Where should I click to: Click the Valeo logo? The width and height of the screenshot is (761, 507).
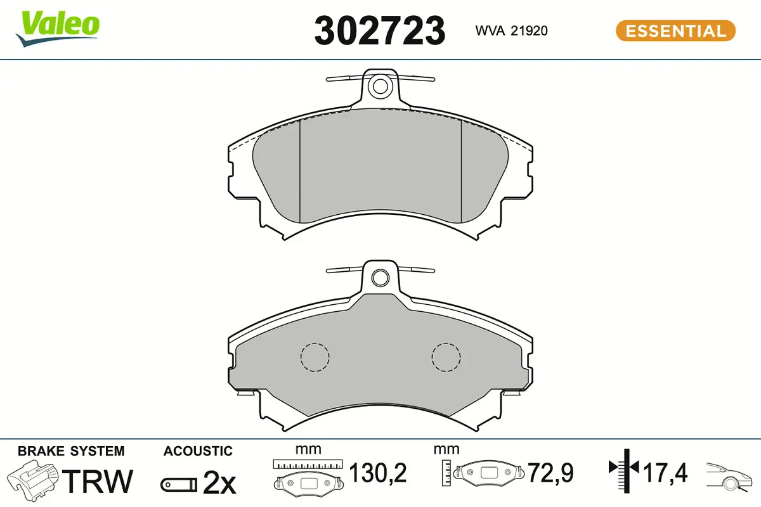coord(58,29)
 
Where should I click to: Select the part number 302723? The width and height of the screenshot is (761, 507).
coord(379,31)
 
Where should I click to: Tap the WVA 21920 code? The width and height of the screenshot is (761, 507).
coord(512,31)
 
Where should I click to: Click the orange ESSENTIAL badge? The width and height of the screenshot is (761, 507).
coord(676,31)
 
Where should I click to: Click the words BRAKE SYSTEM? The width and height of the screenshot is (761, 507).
coord(71,451)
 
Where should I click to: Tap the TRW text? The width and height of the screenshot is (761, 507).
coord(98,481)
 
